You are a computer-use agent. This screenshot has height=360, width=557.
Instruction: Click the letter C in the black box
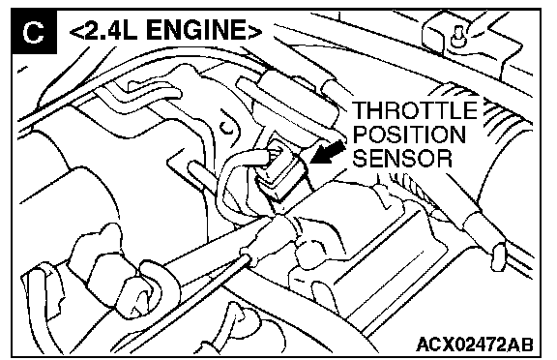pos(33,32)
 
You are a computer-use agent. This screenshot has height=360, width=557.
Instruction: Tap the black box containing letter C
pos(34,32)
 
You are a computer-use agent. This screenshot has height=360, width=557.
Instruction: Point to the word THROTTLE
pos(415,110)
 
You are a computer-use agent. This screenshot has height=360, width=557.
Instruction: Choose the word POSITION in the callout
pos(409,134)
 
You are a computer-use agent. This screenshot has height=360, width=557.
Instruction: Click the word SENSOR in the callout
pos(402,158)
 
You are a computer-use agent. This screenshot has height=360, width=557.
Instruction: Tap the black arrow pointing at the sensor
pos(328,153)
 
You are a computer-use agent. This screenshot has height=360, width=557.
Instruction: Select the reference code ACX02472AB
pos(475,345)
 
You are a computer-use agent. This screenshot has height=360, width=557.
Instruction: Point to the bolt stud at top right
pos(458,37)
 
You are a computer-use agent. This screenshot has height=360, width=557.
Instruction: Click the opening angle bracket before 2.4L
pos(76,31)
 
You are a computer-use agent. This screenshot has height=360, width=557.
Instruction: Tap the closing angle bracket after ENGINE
pos(254,31)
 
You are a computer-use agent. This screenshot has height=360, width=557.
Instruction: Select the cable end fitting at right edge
pos(499,255)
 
